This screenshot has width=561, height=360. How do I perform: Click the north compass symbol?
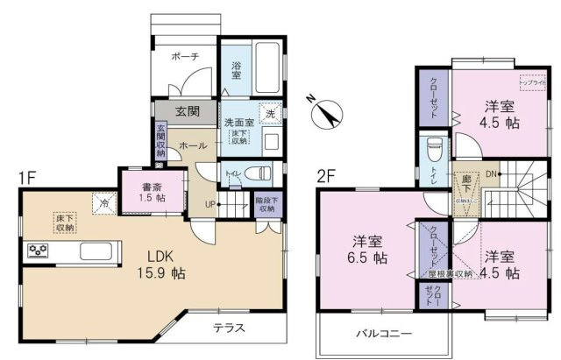[x=326, y=113]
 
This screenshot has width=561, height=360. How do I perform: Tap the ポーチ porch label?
[x=185, y=55]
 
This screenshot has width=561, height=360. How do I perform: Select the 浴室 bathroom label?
[x=236, y=70]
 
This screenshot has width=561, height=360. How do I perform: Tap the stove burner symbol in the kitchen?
[x=39, y=251]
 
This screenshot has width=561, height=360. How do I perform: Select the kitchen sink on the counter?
[x=95, y=251]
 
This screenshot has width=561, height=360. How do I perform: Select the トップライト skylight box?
[x=532, y=83]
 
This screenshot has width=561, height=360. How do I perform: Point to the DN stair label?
[x=492, y=173]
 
